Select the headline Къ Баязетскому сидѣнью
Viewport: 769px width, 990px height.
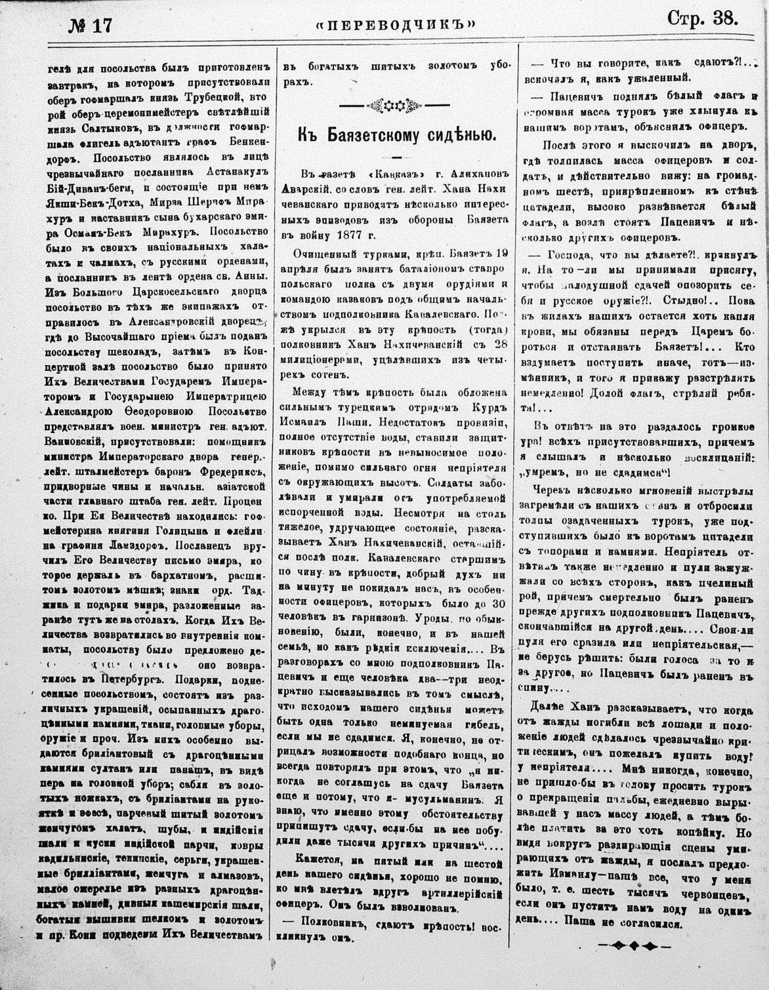(x=396, y=136)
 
